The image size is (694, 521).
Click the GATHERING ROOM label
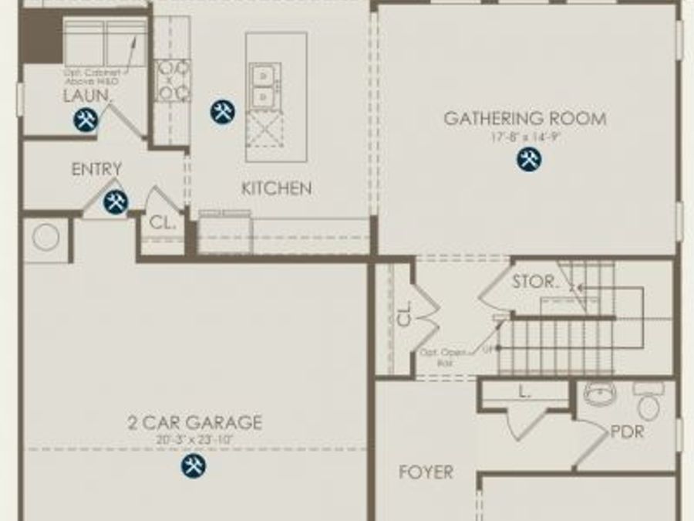click(524, 119)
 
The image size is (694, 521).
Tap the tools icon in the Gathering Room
click(528, 160)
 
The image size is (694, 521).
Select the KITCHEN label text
click(277, 188)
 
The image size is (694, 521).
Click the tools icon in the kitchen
click(222, 112)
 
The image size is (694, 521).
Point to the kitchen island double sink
click(264, 86)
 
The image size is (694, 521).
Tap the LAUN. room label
click(87, 96)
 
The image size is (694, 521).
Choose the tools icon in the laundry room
click(86, 120)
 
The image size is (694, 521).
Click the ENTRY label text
click(96, 169)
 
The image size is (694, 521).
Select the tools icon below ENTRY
click(116, 202)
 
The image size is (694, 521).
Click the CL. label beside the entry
click(163, 223)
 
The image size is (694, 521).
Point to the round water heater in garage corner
click(45, 238)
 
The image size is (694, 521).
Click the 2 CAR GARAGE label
click(194, 423)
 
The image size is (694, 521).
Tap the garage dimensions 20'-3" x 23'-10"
click(194, 440)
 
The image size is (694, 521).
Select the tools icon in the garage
click(194, 465)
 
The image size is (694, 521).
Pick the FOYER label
click(426, 472)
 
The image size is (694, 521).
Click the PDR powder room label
click(627, 432)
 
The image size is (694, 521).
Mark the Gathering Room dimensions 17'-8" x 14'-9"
click(524, 137)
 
